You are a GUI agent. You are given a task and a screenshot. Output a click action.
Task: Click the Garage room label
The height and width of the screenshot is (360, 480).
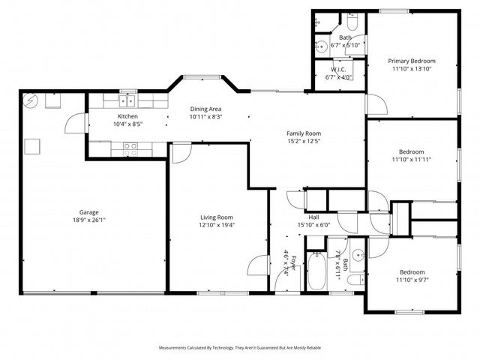click(89, 212)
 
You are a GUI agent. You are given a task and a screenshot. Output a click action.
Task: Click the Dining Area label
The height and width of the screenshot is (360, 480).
click(205, 109)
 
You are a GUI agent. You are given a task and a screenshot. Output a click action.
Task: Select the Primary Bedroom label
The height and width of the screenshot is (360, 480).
click(411, 61)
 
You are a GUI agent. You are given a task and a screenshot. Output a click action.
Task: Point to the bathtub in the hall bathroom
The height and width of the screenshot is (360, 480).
click(317, 273)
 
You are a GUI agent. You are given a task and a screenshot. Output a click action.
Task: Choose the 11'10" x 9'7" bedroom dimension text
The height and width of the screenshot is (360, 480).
click(412, 280)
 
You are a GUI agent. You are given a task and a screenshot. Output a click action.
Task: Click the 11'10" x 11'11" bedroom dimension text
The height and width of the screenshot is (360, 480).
click(412, 159)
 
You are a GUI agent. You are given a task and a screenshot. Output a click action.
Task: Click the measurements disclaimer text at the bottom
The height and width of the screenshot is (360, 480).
click(239, 348)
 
